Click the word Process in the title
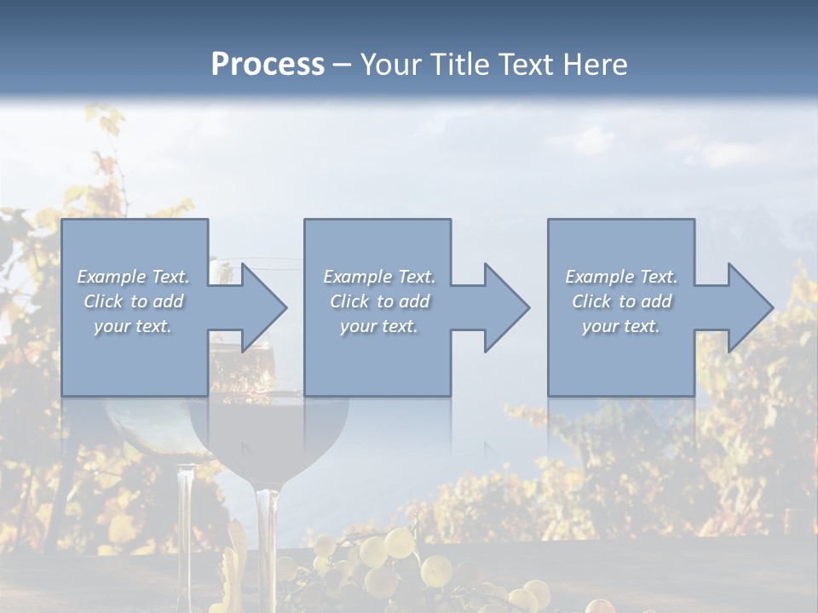click(x=268, y=65)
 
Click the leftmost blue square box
click(x=135, y=358)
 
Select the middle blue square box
click(x=377, y=358)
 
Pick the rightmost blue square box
click(x=620, y=358)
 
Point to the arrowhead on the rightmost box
click(x=749, y=307)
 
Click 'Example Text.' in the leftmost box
click(x=133, y=277)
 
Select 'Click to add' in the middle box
click(x=379, y=301)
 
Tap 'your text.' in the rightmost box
click(x=620, y=326)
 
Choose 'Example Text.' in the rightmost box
click(x=621, y=277)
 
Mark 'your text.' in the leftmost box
click(x=133, y=326)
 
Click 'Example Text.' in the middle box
click(x=379, y=277)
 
